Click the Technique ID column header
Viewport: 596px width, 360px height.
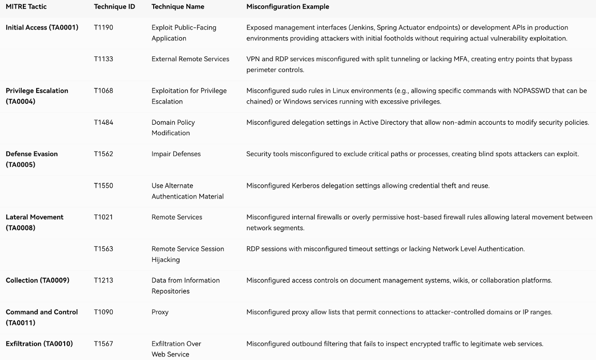(114, 7)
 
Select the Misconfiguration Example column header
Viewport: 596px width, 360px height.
(288, 7)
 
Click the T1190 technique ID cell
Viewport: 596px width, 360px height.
(103, 27)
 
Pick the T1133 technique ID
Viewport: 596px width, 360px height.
(103, 59)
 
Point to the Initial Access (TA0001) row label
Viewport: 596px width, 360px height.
(42, 27)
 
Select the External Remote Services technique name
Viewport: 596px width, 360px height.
(190, 59)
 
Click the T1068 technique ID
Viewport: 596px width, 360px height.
(103, 91)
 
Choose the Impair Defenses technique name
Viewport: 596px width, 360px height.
(176, 154)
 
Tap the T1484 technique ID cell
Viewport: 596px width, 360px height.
(103, 123)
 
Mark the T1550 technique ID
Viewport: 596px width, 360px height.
(103, 186)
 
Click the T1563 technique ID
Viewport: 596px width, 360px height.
(103, 249)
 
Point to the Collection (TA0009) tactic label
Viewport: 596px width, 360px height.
(37, 280)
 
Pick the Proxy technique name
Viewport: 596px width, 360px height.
(160, 312)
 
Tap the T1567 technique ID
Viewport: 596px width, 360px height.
(103, 343)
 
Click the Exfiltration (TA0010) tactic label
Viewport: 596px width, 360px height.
(39, 343)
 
